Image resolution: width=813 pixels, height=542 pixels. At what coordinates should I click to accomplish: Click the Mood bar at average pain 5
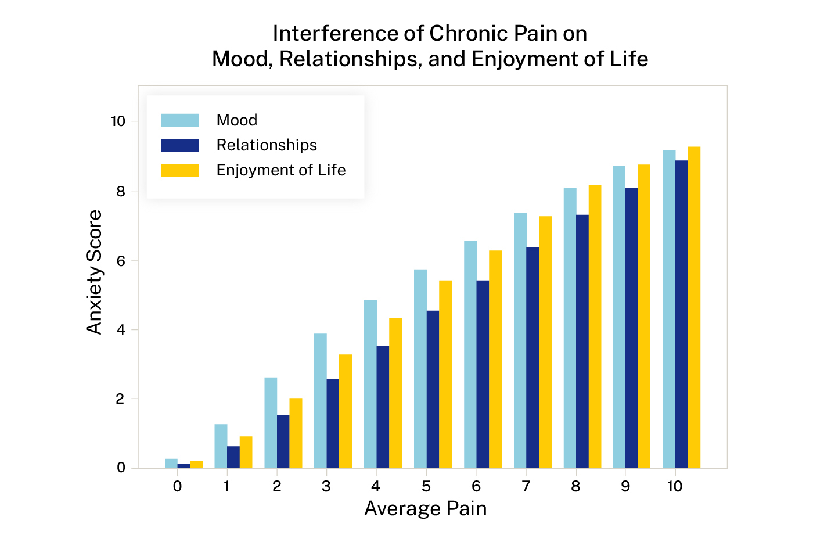coord(420,369)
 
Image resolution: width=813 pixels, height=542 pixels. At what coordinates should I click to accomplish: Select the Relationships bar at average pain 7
coord(533,357)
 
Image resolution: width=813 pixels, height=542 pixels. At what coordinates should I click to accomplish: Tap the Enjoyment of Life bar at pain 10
coord(694,307)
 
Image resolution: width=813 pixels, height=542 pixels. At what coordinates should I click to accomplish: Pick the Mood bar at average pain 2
coord(271,423)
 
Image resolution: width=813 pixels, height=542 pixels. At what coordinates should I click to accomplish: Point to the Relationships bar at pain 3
coord(333,423)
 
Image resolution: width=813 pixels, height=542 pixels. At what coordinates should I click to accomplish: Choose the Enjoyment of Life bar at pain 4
coord(395,393)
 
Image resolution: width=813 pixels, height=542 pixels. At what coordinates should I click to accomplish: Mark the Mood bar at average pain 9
coord(619,317)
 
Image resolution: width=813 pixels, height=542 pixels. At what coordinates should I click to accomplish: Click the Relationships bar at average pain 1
coord(233,457)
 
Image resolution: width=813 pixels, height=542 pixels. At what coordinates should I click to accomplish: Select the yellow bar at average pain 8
coord(595,326)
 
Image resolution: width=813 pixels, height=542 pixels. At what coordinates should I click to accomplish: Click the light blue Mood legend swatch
coord(180,120)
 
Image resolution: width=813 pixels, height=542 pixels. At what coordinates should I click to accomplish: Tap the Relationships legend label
coord(267,145)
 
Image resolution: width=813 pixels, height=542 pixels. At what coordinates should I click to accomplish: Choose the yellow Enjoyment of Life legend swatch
coord(180,170)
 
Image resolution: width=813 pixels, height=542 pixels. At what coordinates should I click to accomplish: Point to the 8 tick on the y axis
coord(121,191)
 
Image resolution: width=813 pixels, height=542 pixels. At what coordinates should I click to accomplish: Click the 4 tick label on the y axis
coord(121,330)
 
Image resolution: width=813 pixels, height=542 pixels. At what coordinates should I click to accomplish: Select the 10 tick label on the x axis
coord(675,487)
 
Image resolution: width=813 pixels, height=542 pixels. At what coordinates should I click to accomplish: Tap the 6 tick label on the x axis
coord(476,487)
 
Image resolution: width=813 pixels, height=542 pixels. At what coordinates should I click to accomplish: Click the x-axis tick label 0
coord(178,487)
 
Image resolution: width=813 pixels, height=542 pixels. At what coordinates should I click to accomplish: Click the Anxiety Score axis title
coord(94,272)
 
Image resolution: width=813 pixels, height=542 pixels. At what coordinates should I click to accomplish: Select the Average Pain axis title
coord(425,509)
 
